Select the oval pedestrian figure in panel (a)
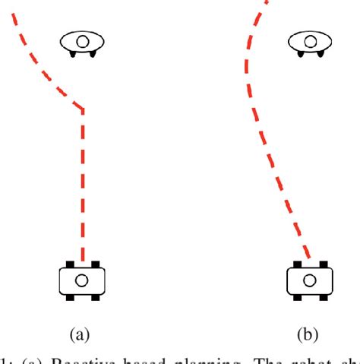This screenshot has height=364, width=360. [82, 43]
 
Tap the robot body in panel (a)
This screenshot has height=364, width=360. [82, 280]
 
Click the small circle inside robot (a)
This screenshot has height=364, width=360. [82, 280]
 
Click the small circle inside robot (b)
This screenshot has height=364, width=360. [309, 280]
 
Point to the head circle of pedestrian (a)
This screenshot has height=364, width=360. [82, 41]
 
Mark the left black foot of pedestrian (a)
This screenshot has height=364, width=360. [73, 53]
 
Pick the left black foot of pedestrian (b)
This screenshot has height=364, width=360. [300, 53]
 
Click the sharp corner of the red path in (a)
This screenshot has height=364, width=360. [82, 108]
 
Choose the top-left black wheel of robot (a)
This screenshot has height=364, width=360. [69, 264]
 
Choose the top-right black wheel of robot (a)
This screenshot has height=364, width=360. [95, 264]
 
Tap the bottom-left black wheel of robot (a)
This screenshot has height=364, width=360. [69, 297]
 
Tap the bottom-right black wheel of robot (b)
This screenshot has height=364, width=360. [322, 297]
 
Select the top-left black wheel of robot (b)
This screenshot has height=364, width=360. [296, 264]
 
